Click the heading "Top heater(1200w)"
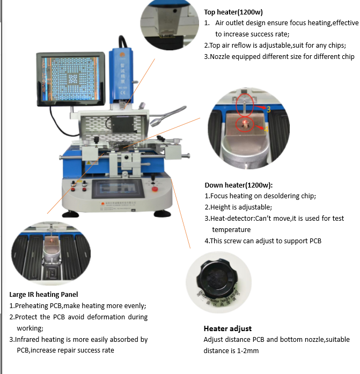233,12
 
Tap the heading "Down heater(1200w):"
239,185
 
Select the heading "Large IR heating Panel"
43,294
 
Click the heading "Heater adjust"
227,328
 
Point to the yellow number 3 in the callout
268,109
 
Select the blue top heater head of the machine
122,72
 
